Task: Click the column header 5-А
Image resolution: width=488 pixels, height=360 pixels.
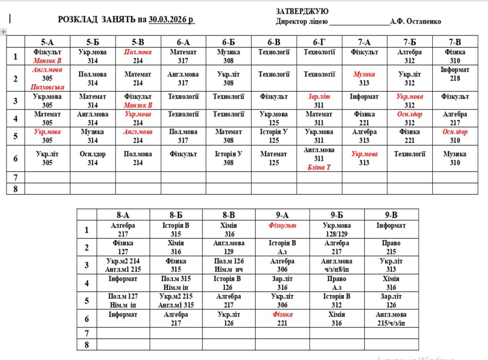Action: (47, 42)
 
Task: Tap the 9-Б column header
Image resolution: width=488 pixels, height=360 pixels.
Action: (337, 215)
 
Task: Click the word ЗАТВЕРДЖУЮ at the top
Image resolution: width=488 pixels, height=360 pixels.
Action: (302, 11)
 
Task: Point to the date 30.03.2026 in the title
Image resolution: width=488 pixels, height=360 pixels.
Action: (171, 20)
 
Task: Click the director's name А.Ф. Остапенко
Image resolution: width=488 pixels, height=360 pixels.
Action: (415, 21)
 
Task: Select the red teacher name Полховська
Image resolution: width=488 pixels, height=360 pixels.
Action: (47, 87)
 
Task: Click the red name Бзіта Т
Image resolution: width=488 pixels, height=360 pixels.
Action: (319, 167)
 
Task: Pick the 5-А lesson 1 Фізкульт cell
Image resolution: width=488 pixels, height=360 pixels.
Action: (47, 56)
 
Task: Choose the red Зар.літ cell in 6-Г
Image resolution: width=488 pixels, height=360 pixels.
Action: (319, 101)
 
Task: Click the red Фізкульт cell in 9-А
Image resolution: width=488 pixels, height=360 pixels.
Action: (282, 226)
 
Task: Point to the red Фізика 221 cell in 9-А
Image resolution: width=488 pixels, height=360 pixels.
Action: (282, 319)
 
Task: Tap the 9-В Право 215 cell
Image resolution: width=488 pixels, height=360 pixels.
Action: (391, 247)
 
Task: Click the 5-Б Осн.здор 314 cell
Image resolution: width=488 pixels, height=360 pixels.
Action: (92, 158)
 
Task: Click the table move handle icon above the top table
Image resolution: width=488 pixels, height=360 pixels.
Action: (4, 31)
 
